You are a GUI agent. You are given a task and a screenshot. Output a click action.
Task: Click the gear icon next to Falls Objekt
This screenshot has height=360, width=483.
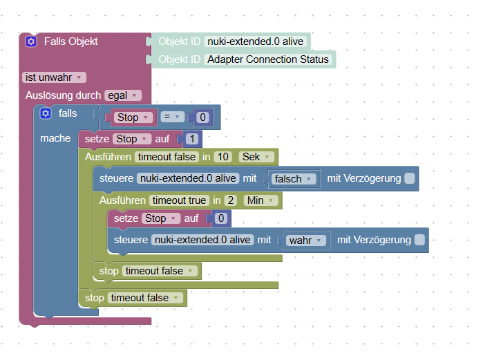click(31, 41)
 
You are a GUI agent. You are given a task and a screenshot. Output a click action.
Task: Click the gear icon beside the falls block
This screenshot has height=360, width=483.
click(46, 113)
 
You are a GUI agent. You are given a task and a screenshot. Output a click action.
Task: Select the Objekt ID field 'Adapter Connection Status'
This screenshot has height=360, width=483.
click(268, 59)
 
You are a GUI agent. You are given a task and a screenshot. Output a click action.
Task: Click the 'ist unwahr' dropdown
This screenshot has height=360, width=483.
click(54, 77)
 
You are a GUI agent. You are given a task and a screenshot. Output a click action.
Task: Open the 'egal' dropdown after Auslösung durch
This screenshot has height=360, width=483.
click(122, 95)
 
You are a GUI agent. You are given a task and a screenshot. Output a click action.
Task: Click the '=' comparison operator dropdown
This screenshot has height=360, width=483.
click(172, 117)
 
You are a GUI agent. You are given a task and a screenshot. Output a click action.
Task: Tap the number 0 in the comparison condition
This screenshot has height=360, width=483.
click(202, 117)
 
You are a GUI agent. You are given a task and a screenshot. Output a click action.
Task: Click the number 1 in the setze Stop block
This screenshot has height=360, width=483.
click(192, 139)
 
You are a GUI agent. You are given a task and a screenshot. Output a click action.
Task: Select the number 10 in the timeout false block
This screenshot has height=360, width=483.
click(223, 157)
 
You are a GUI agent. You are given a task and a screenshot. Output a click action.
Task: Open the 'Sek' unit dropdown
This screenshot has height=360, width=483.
click(256, 157)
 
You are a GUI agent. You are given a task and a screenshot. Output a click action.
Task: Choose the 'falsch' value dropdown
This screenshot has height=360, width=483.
click(293, 179)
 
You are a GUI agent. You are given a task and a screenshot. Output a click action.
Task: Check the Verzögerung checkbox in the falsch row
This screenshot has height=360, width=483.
click(409, 178)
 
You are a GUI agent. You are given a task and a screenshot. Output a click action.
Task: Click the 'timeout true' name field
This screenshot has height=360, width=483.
click(179, 200)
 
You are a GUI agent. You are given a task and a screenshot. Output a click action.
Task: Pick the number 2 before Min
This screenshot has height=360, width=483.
click(230, 200)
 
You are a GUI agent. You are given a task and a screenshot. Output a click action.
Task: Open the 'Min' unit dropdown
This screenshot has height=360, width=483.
click(261, 200)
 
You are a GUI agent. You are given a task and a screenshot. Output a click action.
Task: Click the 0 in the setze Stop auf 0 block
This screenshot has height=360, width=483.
click(221, 218)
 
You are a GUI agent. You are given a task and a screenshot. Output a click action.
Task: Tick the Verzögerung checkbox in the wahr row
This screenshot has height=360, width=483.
click(419, 240)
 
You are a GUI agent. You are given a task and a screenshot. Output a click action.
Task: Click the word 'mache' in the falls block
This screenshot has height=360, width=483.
click(55, 138)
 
